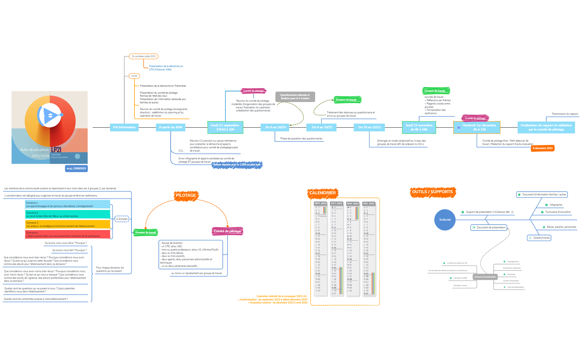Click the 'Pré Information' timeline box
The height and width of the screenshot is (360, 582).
(124, 127)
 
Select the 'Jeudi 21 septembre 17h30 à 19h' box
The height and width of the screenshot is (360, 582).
(225, 127)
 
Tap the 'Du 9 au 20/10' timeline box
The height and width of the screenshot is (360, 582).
(275, 127)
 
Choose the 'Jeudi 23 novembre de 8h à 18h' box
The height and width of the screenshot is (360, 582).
(419, 127)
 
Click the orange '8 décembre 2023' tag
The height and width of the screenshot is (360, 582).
(542, 148)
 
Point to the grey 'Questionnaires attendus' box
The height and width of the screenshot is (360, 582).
(295, 97)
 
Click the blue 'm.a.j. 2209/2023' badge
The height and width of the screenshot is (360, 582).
(76, 168)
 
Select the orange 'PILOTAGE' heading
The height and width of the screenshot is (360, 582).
(186, 195)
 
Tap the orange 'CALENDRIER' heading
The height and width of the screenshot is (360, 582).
(322, 193)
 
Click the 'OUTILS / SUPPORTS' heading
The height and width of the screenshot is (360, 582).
(432, 192)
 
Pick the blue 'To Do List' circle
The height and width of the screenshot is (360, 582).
(445, 220)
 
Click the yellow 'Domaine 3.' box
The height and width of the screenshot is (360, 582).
(68, 224)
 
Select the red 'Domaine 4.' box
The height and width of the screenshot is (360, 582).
(68, 234)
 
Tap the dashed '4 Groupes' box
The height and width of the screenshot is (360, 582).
(122, 219)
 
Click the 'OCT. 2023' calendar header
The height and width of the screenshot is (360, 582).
(336, 203)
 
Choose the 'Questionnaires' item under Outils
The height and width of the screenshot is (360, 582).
(539, 238)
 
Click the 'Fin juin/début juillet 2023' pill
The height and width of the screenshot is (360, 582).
(144, 56)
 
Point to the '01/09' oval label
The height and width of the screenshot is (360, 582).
(134, 76)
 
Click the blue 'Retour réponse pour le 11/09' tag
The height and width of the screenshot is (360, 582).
(237, 165)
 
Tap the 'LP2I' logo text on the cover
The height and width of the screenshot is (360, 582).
(56, 150)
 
